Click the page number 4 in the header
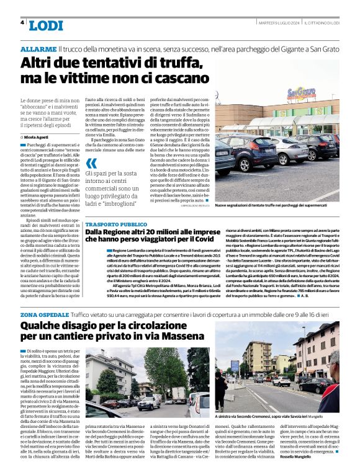(22, 22)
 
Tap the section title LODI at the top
(46, 25)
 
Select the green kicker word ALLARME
(38, 48)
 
